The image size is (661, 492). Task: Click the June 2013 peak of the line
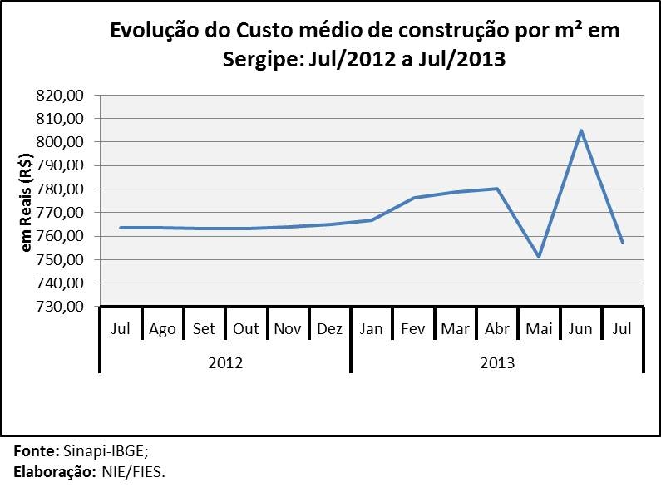581,130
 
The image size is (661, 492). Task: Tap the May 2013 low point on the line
539,257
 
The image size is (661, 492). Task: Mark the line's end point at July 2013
623,242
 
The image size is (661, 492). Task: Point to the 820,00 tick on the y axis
62,96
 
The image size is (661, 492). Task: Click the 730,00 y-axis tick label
62,307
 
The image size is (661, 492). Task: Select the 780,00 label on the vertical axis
62,189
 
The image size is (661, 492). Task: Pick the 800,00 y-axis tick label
62,142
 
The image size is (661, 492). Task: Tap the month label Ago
162,329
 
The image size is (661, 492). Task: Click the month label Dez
329,329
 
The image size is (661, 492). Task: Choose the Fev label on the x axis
413,329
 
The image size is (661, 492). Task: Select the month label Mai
539,329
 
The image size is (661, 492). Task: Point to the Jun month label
580,329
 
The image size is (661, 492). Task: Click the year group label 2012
224,363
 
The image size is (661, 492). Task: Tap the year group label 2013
497,363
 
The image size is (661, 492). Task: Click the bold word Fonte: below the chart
37,452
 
